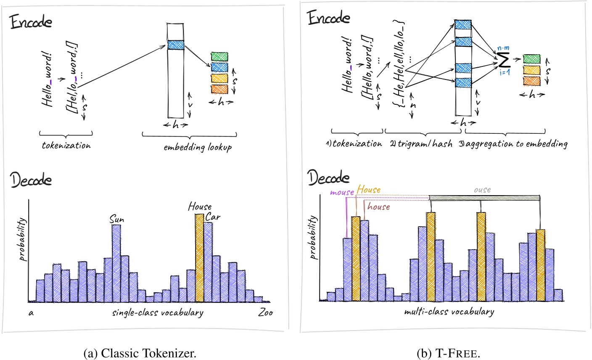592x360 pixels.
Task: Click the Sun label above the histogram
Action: click(116, 220)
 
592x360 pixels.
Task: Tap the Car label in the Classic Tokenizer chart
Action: click(213, 217)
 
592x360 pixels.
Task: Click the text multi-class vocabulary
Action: click(449, 312)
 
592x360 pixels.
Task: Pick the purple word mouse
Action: click(342, 192)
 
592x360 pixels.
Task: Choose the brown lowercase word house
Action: click(378, 206)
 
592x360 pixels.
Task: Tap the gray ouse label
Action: click(482, 190)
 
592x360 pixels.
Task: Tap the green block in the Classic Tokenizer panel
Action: click(219, 57)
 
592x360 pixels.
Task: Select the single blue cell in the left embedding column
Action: click(175, 45)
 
